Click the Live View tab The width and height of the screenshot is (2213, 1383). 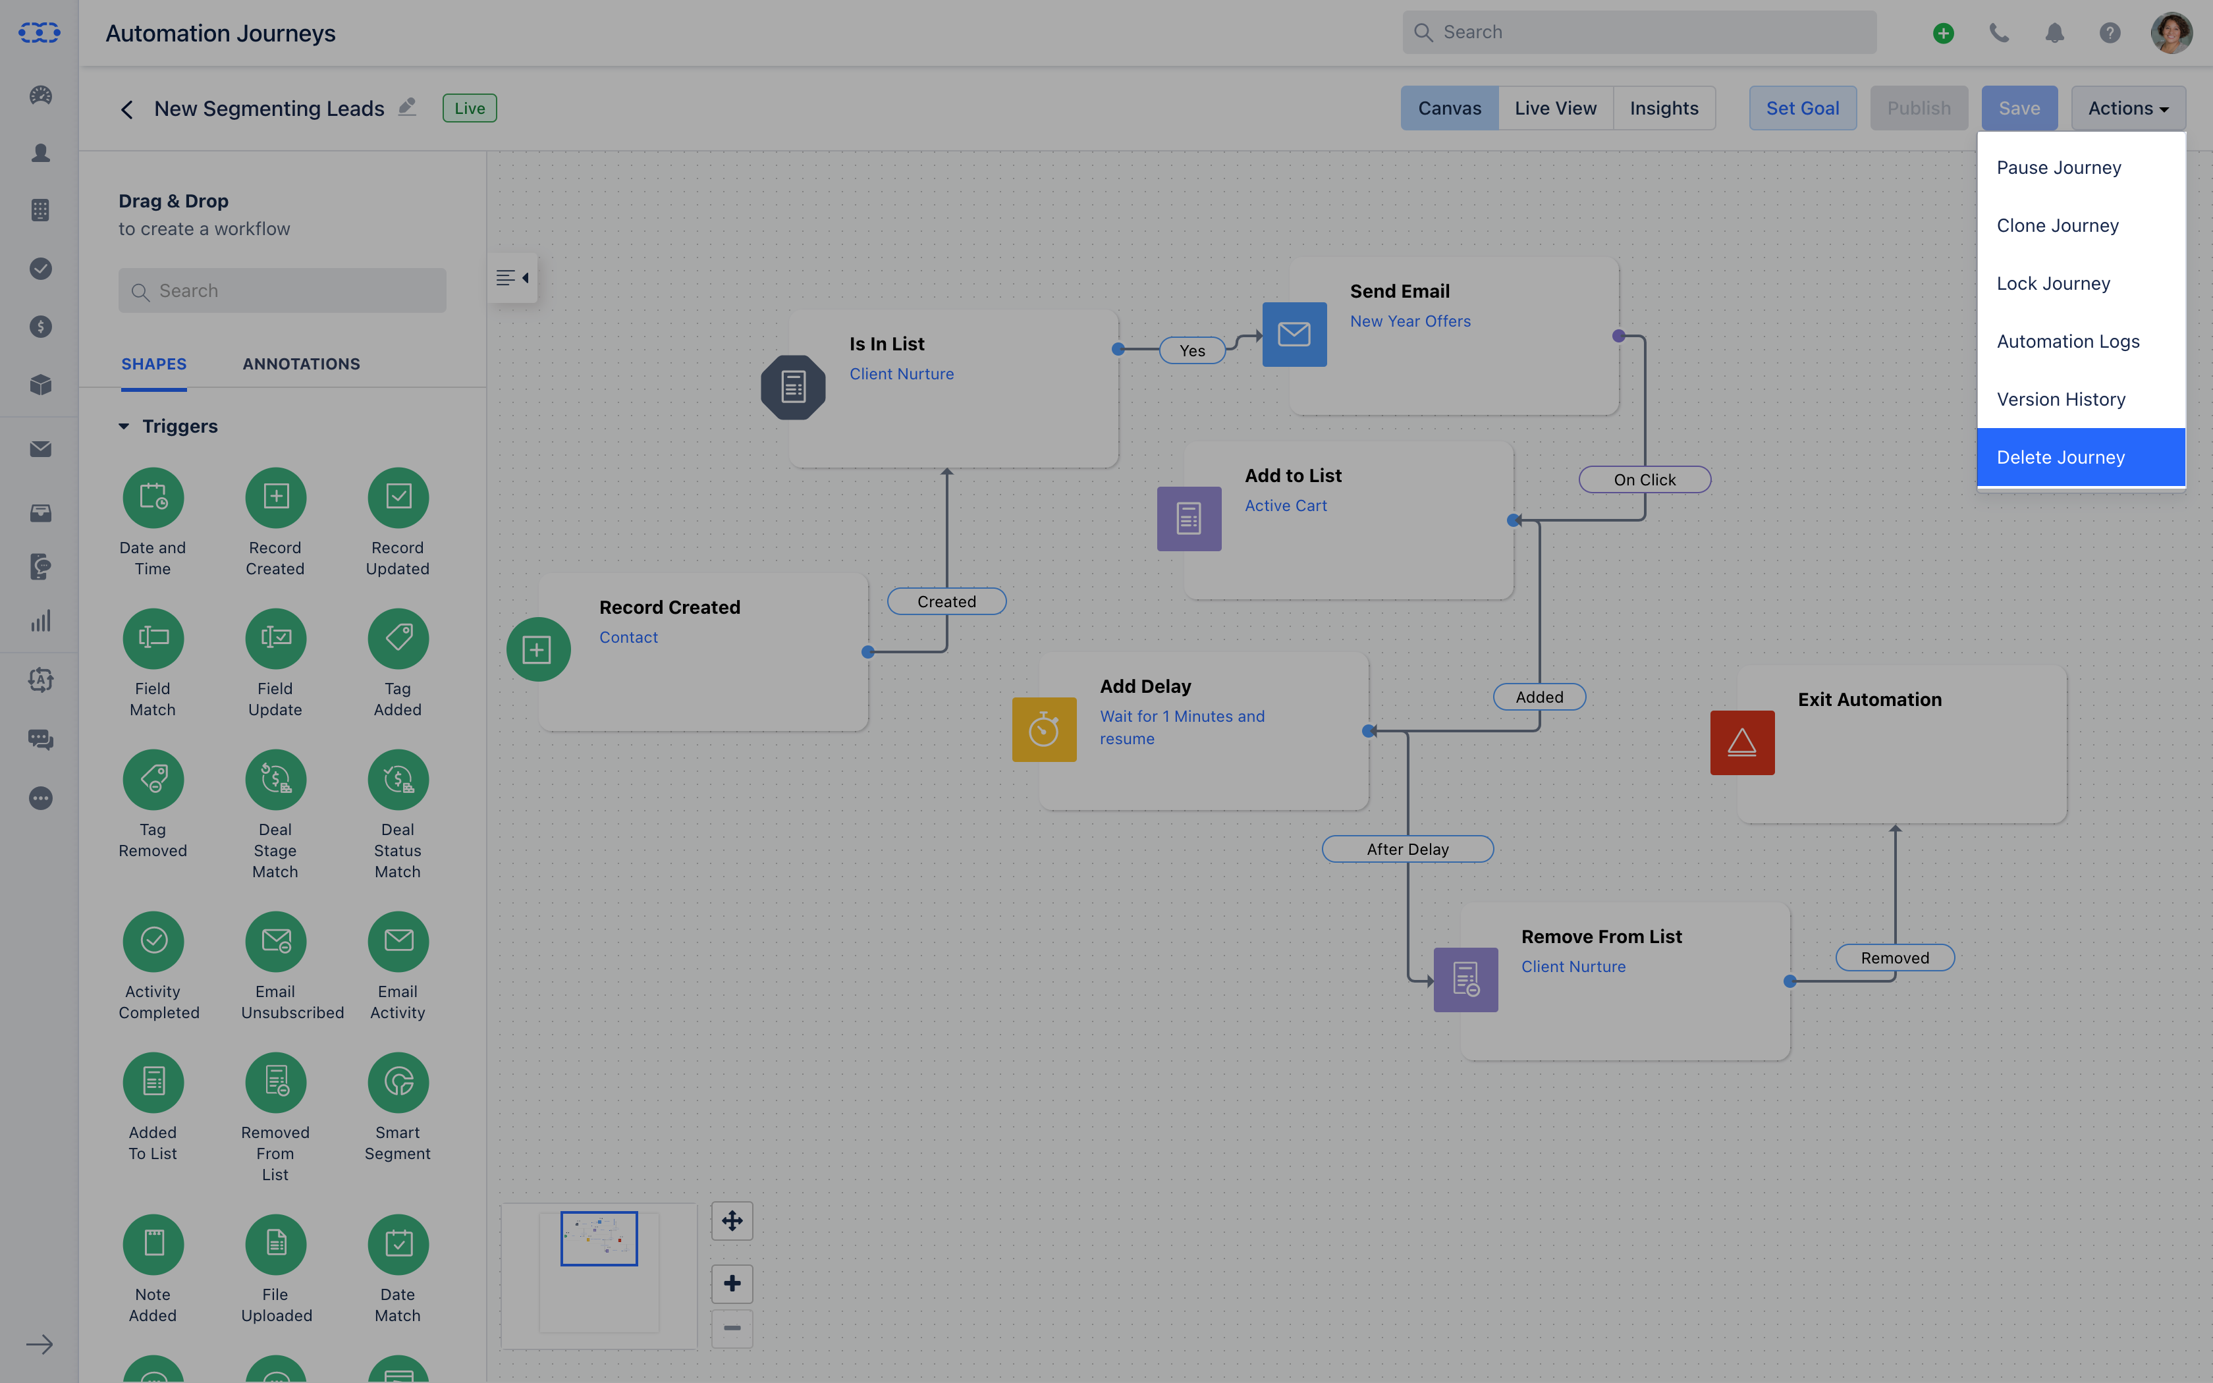pos(1556,108)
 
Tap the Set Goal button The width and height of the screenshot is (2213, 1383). pos(1803,108)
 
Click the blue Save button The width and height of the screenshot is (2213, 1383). pos(2019,108)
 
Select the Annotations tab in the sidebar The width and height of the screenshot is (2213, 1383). pos(301,364)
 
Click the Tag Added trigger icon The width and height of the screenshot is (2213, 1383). pos(398,638)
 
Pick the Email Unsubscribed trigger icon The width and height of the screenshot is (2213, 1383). pos(275,941)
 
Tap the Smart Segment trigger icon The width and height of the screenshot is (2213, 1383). pos(398,1082)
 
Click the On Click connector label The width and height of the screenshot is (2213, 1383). pos(1644,479)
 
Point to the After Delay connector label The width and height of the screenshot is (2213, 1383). pos(1407,849)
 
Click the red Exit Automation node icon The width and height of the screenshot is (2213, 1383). pos(1742,743)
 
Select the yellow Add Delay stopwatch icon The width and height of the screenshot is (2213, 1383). pos(1045,730)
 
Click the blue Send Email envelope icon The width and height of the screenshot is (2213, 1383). pos(1294,335)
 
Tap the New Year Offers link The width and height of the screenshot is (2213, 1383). pos(1410,321)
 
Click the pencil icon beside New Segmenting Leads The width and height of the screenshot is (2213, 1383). pos(407,107)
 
